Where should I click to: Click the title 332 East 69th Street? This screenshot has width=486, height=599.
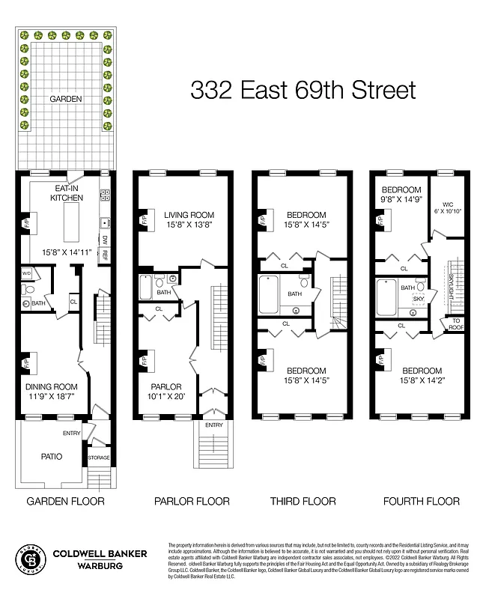[x=303, y=91]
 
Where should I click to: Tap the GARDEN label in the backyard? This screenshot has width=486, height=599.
[x=65, y=99]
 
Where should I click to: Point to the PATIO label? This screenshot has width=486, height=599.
[x=52, y=456]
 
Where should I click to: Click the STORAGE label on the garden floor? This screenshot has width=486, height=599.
[x=99, y=457]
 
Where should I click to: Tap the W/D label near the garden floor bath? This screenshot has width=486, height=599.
[x=26, y=273]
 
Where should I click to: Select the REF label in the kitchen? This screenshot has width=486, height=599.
[x=105, y=255]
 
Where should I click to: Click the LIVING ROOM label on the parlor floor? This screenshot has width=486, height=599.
[x=189, y=216]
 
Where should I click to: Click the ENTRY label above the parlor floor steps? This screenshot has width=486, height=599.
[x=213, y=425]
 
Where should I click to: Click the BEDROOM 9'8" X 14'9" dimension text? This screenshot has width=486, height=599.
[x=401, y=200]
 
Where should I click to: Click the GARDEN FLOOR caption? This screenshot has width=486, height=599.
[x=65, y=501]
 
